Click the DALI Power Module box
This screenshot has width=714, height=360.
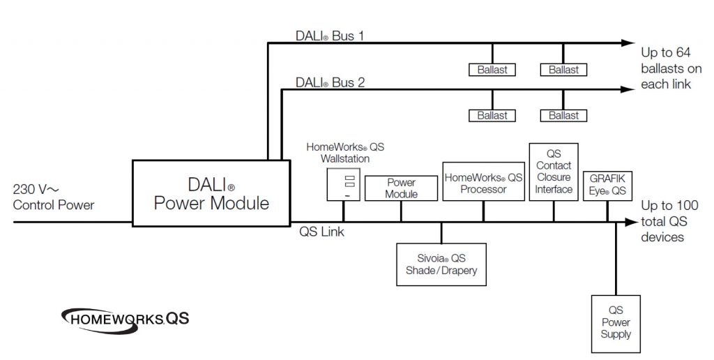point(211,193)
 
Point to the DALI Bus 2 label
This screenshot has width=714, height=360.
point(330,82)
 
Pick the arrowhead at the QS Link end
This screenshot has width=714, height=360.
point(631,223)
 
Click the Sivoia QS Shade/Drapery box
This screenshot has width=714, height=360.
point(441,264)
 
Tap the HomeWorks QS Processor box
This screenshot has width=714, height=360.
point(483,183)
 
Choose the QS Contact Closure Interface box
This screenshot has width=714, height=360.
point(554,172)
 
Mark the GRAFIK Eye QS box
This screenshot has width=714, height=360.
point(607,184)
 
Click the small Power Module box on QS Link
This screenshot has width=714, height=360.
point(401,188)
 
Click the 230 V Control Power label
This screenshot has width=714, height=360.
point(53,197)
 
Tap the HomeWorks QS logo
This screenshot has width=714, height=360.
point(126,319)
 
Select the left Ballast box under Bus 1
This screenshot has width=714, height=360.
point(492,70)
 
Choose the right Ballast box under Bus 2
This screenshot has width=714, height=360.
point(563,115)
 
